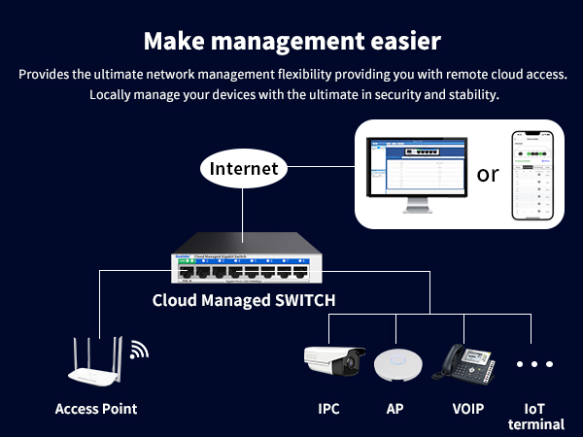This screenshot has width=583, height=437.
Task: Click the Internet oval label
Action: click(x=244, y=168)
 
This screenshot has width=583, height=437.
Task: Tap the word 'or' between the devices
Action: click(x=488, y=174)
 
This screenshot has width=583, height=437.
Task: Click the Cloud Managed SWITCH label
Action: click(x=244, y=300)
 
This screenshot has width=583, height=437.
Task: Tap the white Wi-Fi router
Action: click(x=96, y=365)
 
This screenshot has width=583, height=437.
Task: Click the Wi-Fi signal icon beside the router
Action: click(x=140, y=350)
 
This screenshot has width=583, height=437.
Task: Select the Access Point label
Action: click(x=96, y=409)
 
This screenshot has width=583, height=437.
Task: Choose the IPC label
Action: click(x=328, y=409)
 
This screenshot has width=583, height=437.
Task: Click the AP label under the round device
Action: click(x=395, y=409)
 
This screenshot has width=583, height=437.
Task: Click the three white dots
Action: click(x=534, y=365)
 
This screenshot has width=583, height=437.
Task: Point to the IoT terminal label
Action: click(x=535, y=416)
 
